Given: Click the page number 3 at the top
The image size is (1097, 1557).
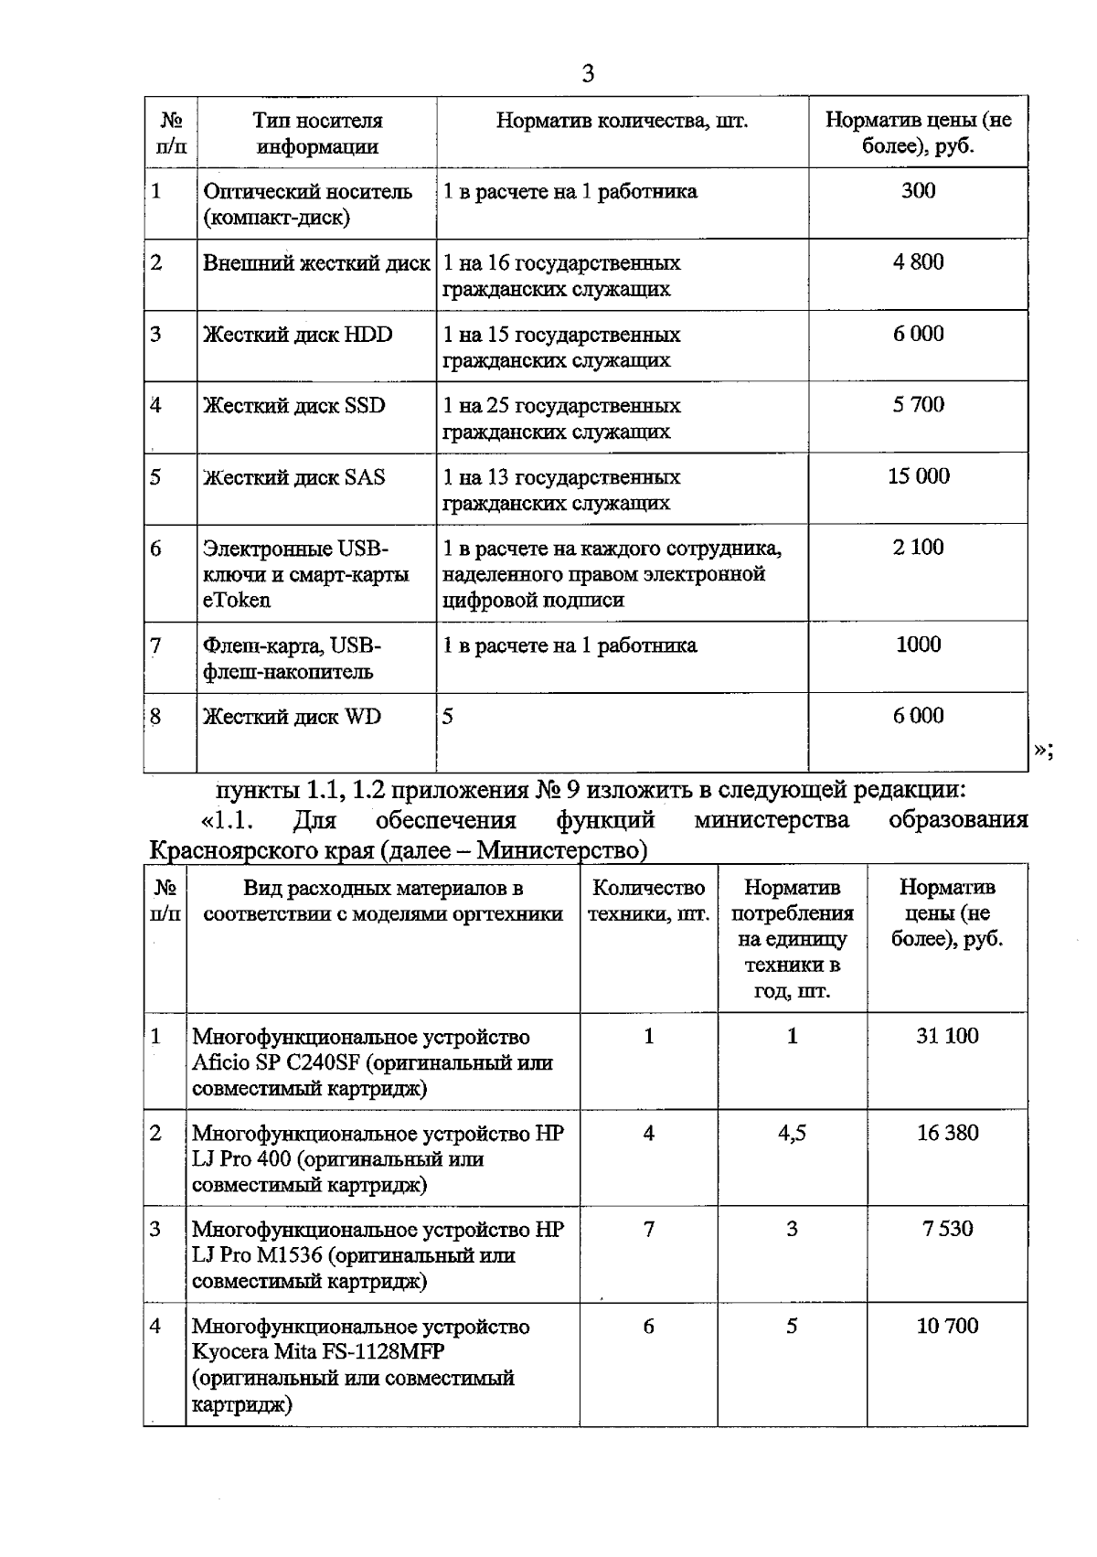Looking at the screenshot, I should [588, 74].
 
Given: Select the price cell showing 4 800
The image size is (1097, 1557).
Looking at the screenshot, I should [918, 262].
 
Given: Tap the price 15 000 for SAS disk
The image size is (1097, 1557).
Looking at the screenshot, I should [918, 476].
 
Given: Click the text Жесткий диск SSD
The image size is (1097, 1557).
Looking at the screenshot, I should [293, 405].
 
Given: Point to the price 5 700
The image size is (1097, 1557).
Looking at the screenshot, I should [918, 405].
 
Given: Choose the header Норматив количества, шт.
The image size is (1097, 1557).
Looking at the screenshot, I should [622, 121].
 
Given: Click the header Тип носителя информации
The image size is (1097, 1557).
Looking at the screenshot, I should [316, 133].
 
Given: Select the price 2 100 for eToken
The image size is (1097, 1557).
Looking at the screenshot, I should [918, 548].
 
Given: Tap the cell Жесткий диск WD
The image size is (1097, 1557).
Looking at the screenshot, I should [292, 717].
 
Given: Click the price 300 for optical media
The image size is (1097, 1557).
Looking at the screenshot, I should [918, 191].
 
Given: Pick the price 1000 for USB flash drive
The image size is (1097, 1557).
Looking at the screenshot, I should [918, 645].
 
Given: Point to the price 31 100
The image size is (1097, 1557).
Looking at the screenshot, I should [947, 1036].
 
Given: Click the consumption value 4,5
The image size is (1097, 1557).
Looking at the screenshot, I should [792, 1133].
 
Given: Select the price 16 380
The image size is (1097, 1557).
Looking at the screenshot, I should [947, 1133].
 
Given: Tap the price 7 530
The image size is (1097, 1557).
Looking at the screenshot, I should [947, 1229].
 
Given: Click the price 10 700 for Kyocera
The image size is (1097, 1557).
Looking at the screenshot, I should [947, 1326].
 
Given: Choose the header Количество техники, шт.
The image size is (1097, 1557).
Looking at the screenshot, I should [648, 901].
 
